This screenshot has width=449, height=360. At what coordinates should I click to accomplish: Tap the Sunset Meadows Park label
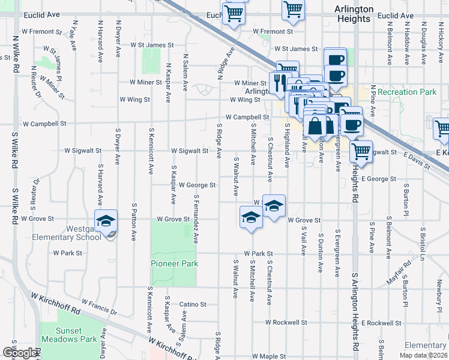pyautogui.click(x=76, y=335)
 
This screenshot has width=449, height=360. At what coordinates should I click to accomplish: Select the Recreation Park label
pyautogui.click(x=407, y=92)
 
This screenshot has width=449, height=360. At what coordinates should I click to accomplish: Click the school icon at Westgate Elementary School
pyautogui.click(x=106, y=222)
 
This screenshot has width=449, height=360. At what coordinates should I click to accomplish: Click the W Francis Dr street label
pyautogui.click(x=98, y=307)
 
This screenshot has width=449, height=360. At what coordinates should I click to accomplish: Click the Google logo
pyautogui.click(x=20, y=353)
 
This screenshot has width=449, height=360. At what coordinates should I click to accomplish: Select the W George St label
pyautogui.click(x=197, y=185)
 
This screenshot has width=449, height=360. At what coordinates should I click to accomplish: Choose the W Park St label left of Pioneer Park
pyautogui.click(x=68, y=253)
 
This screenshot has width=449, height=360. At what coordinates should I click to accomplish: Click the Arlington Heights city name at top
pyautogui.click(x=354, y=14)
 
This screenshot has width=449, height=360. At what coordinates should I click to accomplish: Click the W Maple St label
pyautogui.click(x=269, y=356)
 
